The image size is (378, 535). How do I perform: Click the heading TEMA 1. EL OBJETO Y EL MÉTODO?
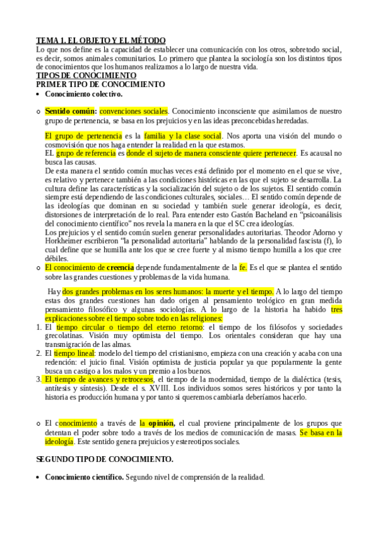pyautogui.click(x=101, y=40)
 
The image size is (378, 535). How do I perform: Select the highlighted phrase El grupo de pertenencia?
pyautogui.click(x=83, y=136)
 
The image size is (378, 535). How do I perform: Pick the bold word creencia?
pyautogui.click(x=120, y=267)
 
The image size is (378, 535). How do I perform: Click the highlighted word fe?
pyautogui.click(x=244, y=267)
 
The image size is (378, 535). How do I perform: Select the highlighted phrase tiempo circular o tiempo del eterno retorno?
pyautogui.click(x=129, y=327)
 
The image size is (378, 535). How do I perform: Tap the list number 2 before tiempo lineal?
pyautogui.click(x=38, y=354)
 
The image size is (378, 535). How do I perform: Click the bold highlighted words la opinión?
pyautogui.click(x=158, y=423)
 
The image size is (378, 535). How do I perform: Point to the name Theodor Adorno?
pyautogui.click(x=312, y=232)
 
